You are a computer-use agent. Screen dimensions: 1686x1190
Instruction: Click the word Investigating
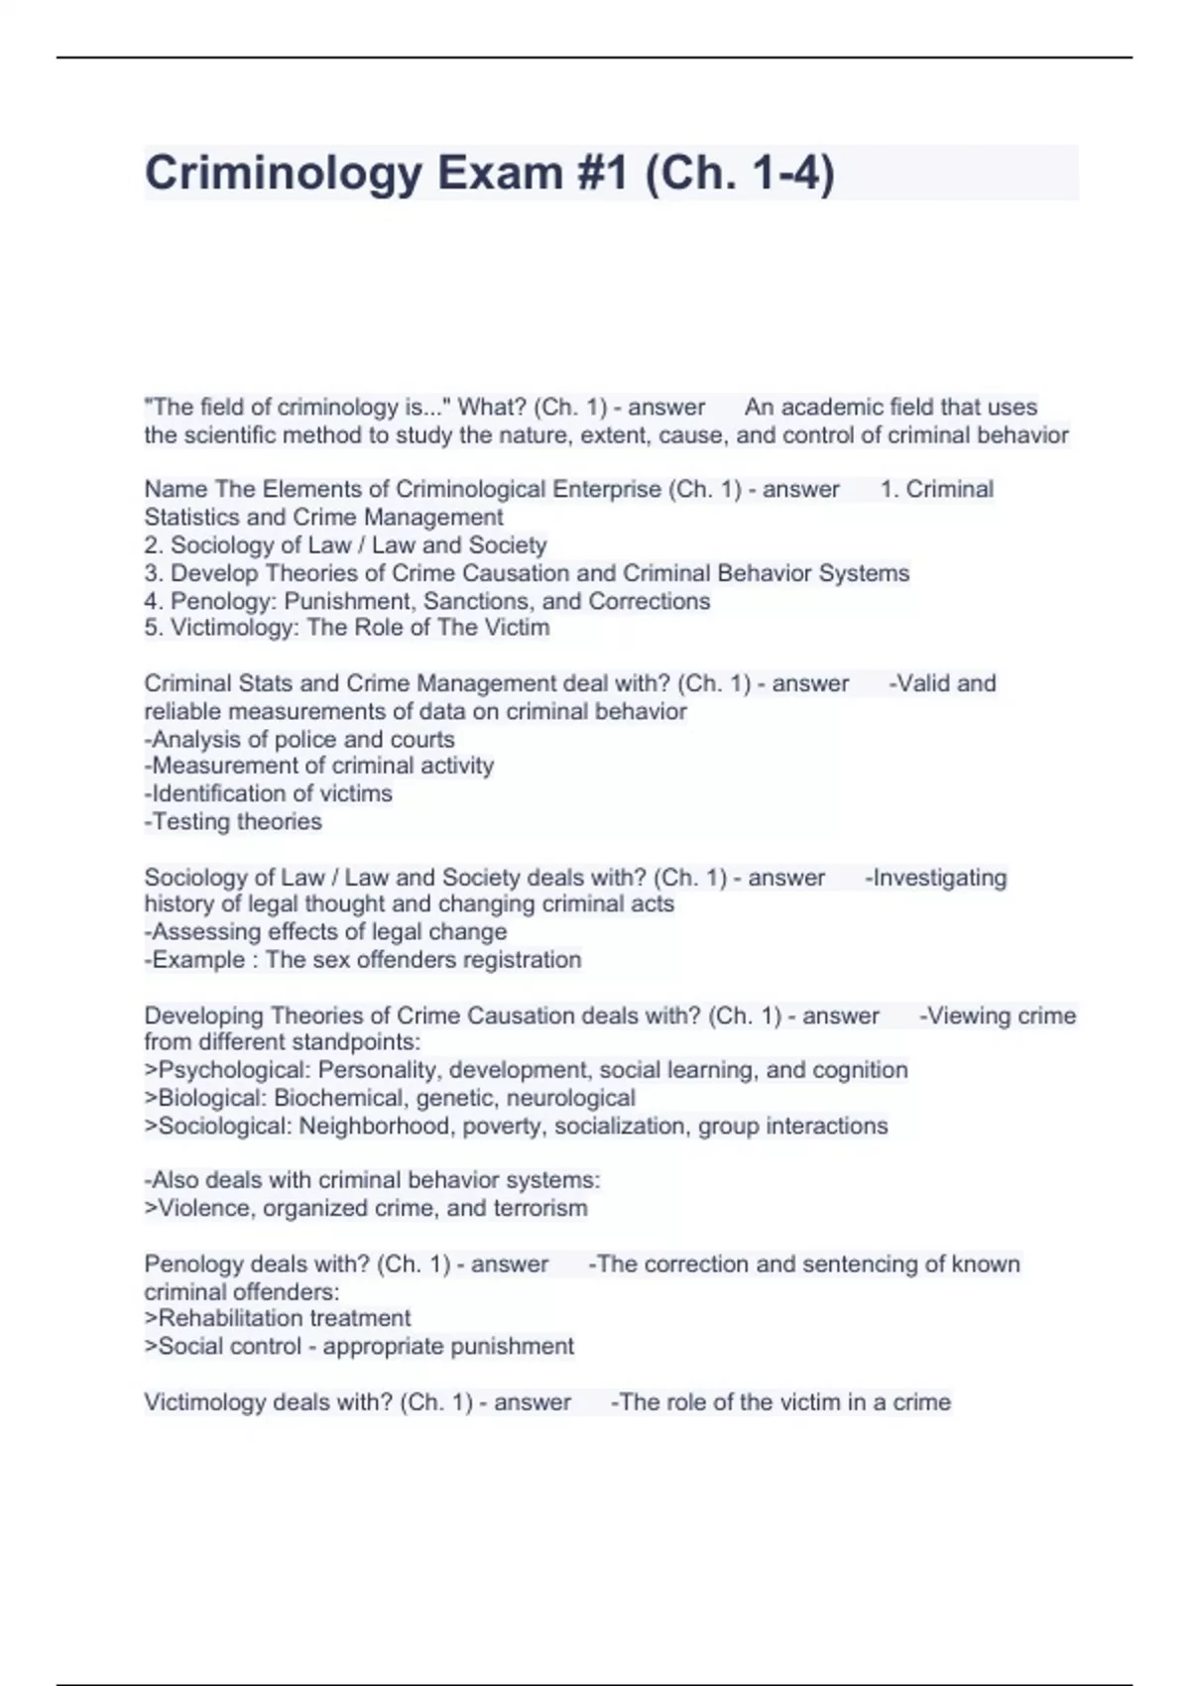click(x=938, y=878)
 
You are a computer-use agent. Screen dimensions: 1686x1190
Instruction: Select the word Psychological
click(x=234, y=1070)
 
